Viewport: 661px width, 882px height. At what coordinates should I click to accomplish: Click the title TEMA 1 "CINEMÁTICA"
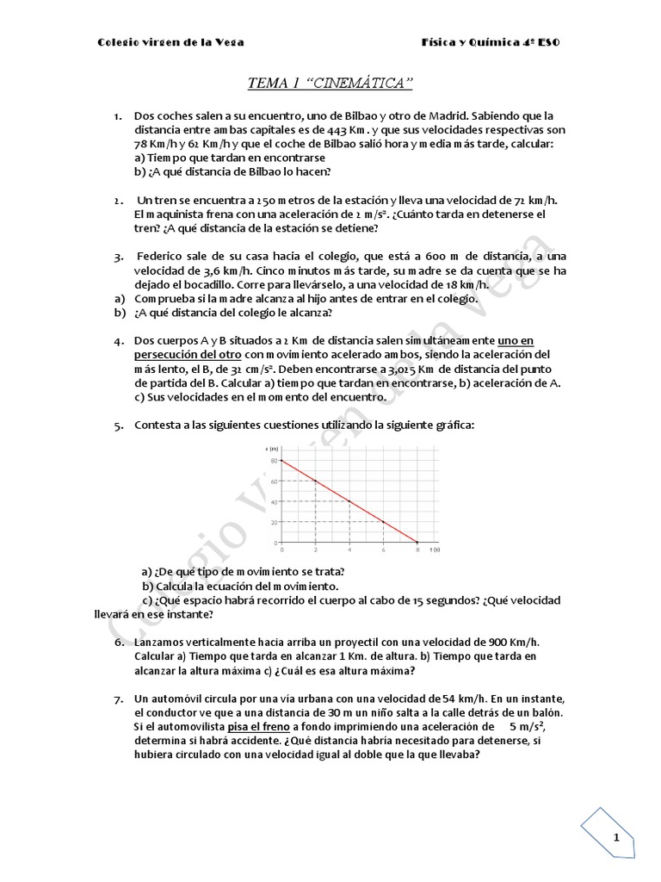(330, 83)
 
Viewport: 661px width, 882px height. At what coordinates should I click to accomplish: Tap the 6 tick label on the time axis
(383, 550)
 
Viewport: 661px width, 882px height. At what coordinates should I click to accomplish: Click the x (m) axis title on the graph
(274, 449)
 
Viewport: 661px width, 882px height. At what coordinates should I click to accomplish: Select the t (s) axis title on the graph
(436, 550)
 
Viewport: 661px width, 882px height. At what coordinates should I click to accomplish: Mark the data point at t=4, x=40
(349, 501)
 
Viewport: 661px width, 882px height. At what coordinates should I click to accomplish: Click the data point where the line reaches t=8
(417, 543)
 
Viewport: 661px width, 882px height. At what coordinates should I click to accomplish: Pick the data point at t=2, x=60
(316, 481)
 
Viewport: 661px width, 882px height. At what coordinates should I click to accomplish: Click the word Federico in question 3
(165, 257)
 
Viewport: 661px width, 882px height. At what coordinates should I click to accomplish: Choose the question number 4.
(118, 341)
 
